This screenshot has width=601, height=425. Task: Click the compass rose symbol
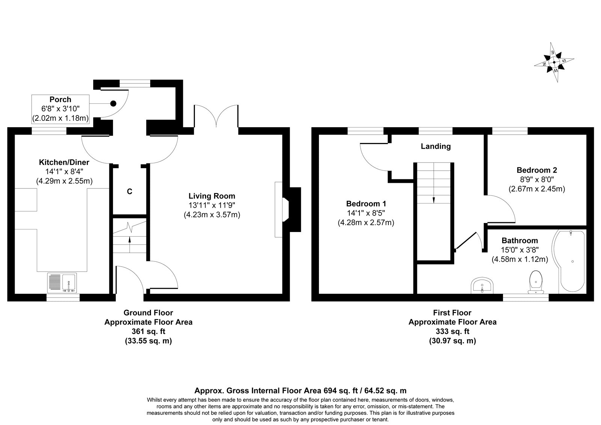click(x=554, y=62)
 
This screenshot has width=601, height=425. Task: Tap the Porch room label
click(x=60, y=99)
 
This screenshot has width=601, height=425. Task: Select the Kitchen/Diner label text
click(x=64, y=162)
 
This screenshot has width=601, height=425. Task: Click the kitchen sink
click(x=62, y=283)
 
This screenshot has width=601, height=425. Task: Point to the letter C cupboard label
click(x=130, y=191)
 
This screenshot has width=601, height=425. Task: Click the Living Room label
click(x=212, y=196)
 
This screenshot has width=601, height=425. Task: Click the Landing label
click(x=436, y=146)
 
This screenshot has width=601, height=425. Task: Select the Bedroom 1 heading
click(x=366, y=203)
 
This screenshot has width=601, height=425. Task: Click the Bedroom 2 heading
click(x=537, y=170)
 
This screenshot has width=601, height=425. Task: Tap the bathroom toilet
click(x=536, y=282)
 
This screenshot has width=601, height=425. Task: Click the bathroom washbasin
click(x=482, y=285)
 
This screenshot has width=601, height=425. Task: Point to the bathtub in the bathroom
click(x=568, y=261)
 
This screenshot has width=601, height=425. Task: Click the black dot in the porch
click(x=113, y=103)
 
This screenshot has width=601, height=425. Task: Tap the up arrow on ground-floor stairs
click(x=130, y=244)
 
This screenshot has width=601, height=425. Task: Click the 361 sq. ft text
click(x=148, y=331)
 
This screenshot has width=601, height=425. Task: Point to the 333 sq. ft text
click(x=452, y=331)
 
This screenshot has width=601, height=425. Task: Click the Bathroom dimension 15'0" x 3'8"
click(x=520, y=250)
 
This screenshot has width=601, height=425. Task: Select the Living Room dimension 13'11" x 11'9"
click(x=212, y=205)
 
